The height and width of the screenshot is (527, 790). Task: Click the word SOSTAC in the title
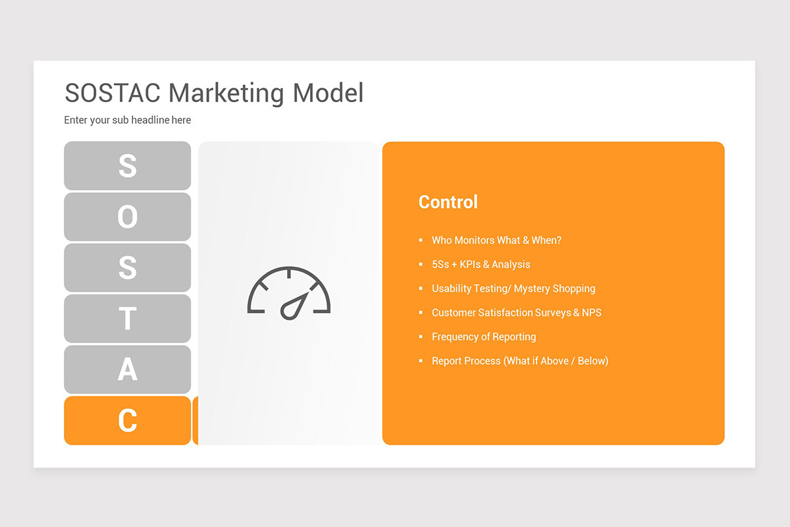click(113, 93)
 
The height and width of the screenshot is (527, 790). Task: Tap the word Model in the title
click(328, 93)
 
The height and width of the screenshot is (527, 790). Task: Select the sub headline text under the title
click(128, 120)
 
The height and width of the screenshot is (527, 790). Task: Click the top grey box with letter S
click(128, 166)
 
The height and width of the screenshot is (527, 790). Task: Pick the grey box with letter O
click(128, 217)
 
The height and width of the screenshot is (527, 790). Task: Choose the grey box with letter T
click(128, 319)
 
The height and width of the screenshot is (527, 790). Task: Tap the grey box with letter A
click(128, 370)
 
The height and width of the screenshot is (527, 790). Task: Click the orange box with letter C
click(128, 420)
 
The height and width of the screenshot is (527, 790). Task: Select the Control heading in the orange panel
click(448, 202)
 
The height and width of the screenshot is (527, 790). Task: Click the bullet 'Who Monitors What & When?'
click(496, 240)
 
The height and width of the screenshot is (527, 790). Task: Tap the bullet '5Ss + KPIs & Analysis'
click(481, 264)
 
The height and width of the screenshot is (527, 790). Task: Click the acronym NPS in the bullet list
click(591, 312)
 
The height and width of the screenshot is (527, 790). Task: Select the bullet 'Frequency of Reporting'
click(483, 337)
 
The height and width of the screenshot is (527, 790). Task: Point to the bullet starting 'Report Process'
click(519, 361)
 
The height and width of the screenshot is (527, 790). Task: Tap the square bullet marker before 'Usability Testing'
click(421, 289)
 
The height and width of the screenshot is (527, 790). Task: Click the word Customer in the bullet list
click(454, 312)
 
